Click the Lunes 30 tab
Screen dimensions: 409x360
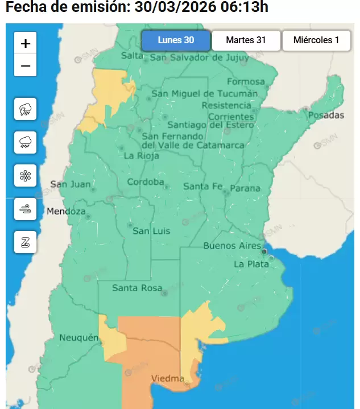[176, 40]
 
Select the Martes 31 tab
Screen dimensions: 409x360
[246, 40]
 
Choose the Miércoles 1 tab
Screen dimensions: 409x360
[316, 40]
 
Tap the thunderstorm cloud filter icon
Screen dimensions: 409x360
[26, 109]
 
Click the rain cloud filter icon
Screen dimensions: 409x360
[26, 142]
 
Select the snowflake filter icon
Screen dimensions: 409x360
[26, 176]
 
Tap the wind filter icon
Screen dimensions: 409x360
[26, 209]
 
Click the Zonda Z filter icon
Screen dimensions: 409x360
[26, 243]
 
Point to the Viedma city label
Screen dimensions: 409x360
[167, 378]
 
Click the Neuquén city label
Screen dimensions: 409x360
[79, 338]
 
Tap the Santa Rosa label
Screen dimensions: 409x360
[137, 288]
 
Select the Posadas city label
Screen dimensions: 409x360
[326, 115]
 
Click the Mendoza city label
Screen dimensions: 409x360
[65, 212]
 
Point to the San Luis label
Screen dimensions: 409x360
[151, 231]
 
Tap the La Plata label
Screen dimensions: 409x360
[251, 264]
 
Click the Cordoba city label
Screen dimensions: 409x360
[146, 182]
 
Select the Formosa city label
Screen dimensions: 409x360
[246, 81]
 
